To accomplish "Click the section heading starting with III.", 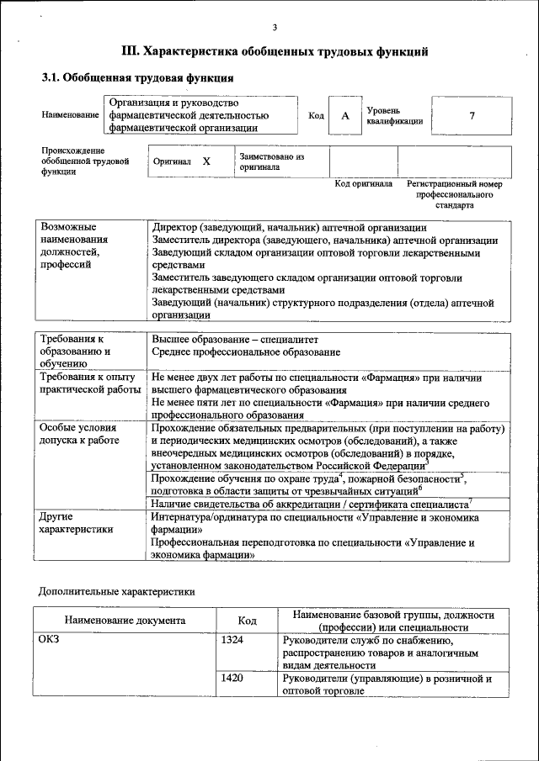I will point(275,52).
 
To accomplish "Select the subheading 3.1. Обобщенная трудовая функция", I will point(137,78).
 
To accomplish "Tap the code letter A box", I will point(344,116).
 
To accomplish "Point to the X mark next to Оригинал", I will point(205,161).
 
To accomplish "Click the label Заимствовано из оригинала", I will point(271,161).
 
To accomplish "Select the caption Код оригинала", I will point(363,183).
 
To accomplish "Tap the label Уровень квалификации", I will point(393,116).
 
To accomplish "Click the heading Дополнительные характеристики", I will point(117,592).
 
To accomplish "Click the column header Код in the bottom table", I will point(247,621).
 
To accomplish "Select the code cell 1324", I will point(232,641).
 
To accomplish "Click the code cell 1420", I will point(232,678).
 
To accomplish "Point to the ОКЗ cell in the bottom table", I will point(51,641).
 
